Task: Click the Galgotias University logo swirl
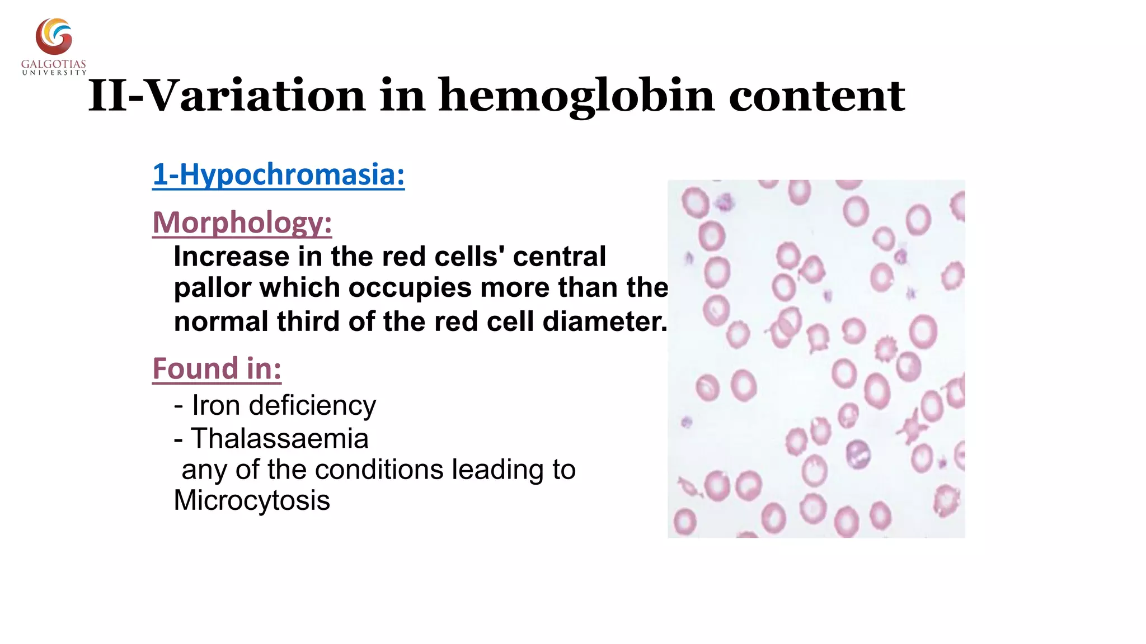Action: coord(54,37)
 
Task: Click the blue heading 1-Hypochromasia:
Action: coord(278,174)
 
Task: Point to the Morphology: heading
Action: coord(242,222)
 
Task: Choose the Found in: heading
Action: coord(217,369)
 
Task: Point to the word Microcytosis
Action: coord(252,500)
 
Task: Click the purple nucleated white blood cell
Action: coord(857,453)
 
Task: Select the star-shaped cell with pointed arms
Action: coord(912,428)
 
